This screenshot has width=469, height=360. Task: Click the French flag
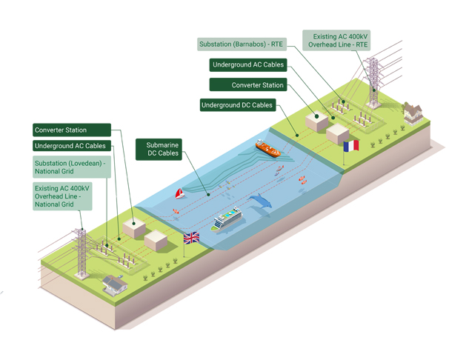[x=351, y=145]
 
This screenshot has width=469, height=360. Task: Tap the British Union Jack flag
[x=191, y=238]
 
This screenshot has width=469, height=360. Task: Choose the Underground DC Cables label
[x=238, y=105]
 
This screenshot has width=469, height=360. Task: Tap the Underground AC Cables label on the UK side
[x=70, y=146]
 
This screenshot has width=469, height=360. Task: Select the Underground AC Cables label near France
[x=247, y=65]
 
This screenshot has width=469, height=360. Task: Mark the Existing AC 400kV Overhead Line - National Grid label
[x=63, y=197]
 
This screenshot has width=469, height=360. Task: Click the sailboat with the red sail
[x=179, y=195]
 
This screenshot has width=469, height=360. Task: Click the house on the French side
[x=412, y=111]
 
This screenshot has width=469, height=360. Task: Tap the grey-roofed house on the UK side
[x=114, y=282]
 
